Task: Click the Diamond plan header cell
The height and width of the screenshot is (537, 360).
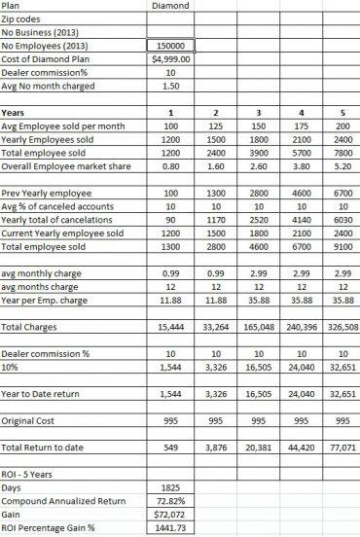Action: click(170, 6)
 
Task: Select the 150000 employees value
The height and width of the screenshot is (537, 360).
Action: click(170, 45)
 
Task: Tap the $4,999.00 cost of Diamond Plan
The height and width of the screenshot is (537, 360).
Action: click(170, 57)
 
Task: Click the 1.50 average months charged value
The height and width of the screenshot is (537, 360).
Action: click(170, 86)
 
